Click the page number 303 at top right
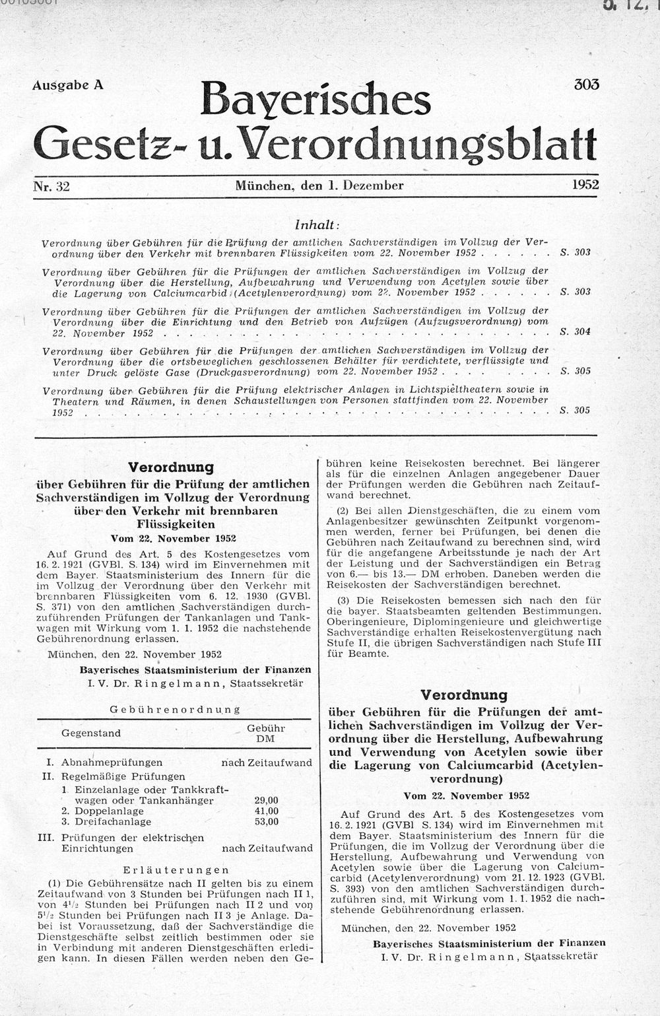pos(586,85)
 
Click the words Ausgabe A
pos(67,85)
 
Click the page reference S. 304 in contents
pos(574,331)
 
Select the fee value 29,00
pos(266,800)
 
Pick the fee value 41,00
pos(266,811)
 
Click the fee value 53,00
pos(266,821)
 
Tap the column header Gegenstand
pos(91,733)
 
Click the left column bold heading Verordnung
pos(171,467)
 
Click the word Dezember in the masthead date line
pos(373,186)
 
